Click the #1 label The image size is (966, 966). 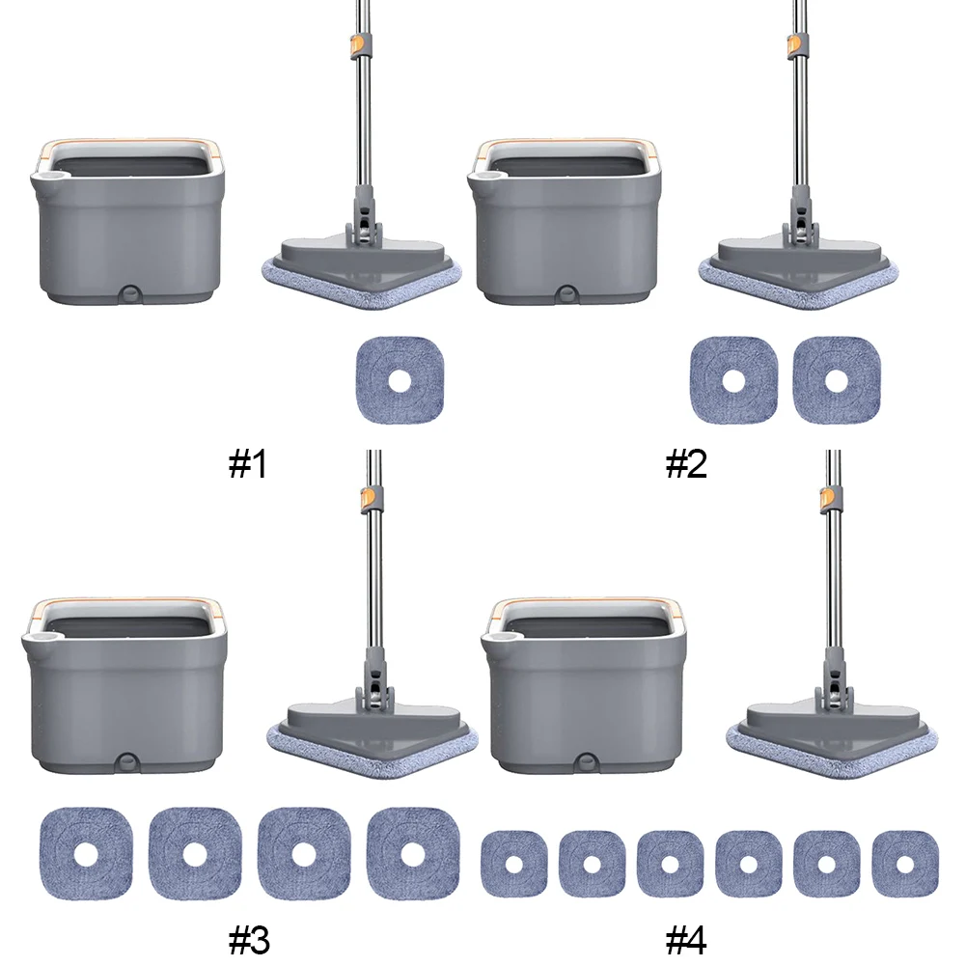(247, 465)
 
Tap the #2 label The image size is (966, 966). (686, 465)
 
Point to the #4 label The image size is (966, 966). (686, 937)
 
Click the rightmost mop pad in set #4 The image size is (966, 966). (905, 862)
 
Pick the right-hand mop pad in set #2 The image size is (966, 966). (837, 380)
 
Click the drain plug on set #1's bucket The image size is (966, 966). (128, 292)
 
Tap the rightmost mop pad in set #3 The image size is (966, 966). (413, 853)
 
